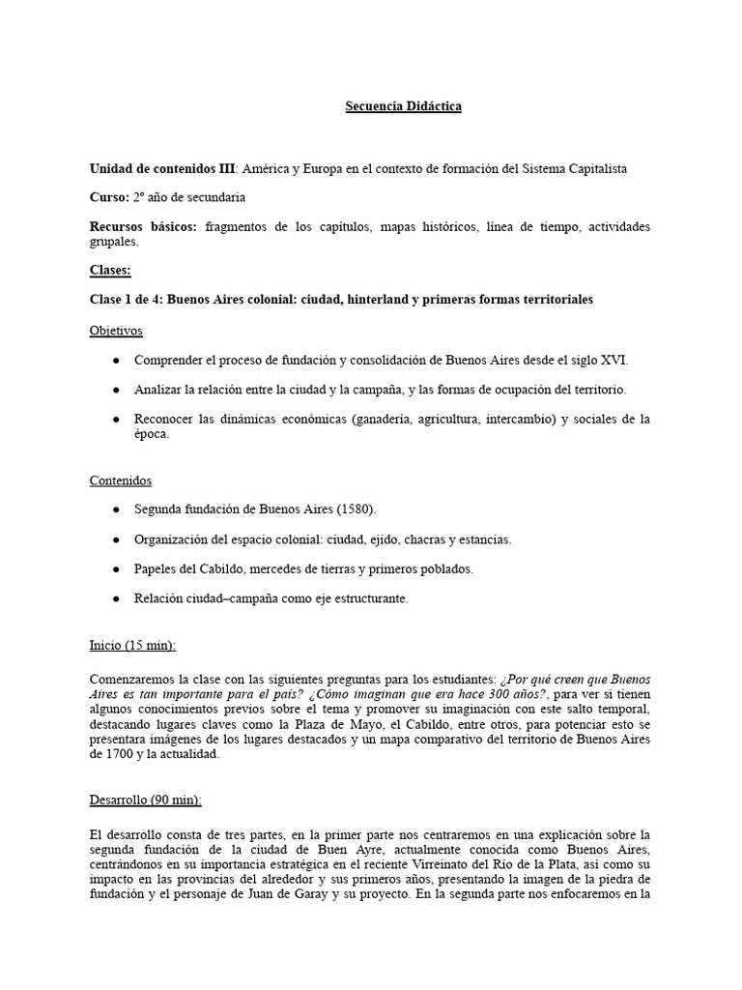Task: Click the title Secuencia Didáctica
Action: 403,106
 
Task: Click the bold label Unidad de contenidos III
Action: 161,168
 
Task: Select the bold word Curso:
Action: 109,197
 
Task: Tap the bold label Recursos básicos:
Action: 143,226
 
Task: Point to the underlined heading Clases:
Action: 110,271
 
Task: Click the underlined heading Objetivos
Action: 116,331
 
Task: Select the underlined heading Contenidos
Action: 120,480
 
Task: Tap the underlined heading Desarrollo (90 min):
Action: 145,801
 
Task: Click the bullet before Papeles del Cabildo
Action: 116,569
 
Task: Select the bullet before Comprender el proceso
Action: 116,360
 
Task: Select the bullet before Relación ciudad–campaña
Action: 116,599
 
